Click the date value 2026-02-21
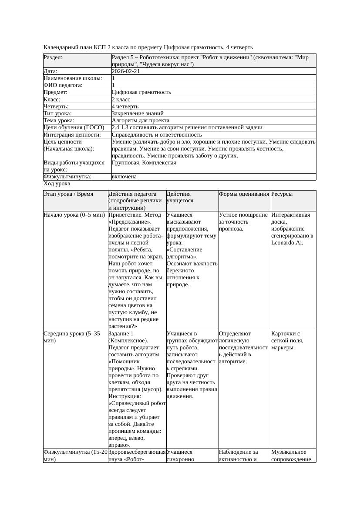point(126,71)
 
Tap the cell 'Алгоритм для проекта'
point(141,121)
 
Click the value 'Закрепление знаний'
point(138,113)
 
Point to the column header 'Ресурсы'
point(282,194)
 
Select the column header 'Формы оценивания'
point(244,194)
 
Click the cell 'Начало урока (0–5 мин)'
point(74,215)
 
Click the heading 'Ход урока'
point(57,184)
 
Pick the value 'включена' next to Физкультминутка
point(124,177)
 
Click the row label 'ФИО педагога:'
point(63,85)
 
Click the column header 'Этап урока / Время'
point(68,194)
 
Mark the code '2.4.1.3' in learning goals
point(121,127)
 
